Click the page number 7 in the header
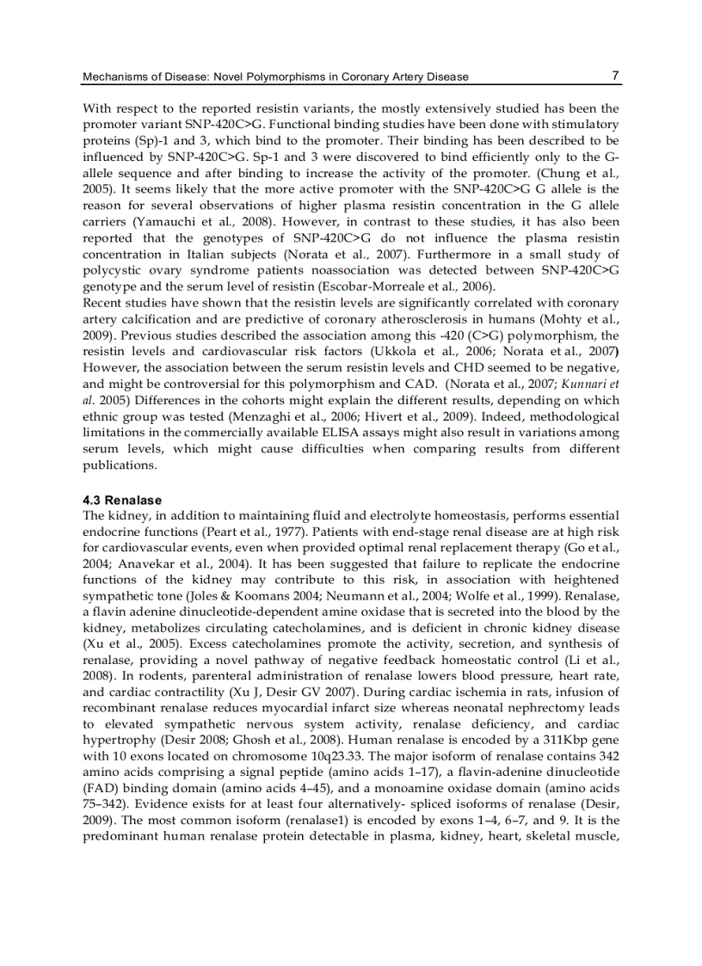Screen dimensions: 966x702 point(615,76)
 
